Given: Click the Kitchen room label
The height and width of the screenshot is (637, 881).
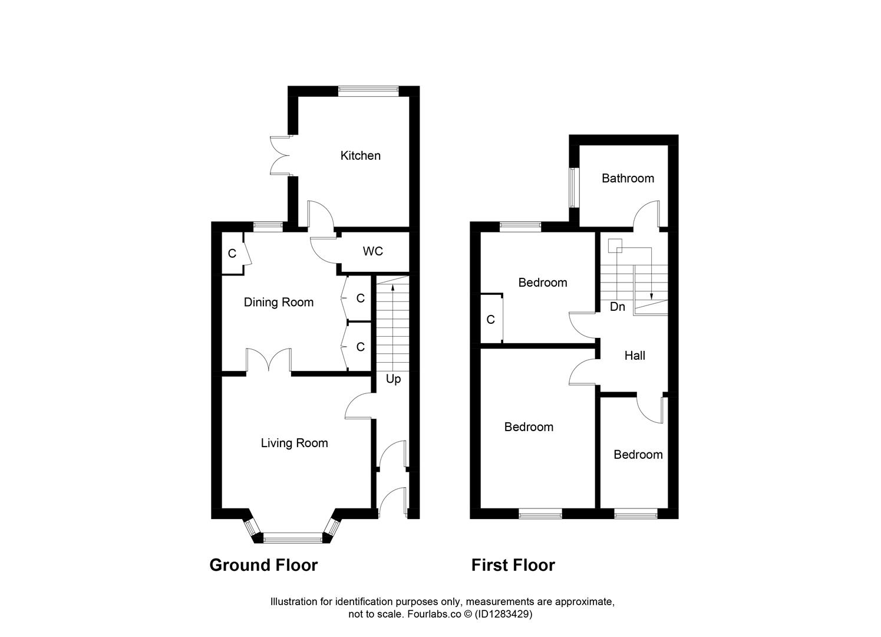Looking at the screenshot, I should tap(360, 156).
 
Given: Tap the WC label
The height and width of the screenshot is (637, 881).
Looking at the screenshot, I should tap(372, 251).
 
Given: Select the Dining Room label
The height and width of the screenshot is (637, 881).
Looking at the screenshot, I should tap(279, 303).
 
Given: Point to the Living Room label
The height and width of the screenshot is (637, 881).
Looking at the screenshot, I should tap(294, 443).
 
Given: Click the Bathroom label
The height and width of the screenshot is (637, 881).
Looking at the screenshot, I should tap(628, 178).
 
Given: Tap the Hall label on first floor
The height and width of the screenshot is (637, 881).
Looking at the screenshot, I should tap(635, 356).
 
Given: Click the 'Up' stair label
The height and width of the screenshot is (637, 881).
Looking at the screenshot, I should tap(393, 379).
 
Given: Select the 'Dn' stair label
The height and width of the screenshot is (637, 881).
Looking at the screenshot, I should tap(617, 307).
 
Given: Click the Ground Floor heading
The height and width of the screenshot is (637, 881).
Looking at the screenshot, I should tap(263, 565).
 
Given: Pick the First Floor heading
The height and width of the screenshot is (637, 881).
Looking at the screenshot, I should tap(513, 565).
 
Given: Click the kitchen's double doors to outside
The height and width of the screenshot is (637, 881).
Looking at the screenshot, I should tap(281, 156).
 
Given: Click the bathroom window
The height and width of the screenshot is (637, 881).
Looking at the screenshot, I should tap(573, 188).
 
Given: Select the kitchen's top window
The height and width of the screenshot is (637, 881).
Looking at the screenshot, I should tap(369, 90).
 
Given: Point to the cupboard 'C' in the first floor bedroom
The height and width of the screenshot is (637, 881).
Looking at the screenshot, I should tap(490, 320).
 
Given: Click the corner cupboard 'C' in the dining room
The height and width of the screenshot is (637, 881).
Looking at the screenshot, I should tap(232, 254).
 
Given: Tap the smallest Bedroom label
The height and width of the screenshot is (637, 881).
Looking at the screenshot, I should tap(638, 455).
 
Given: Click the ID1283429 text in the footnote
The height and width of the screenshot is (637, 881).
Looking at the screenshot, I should tap(505, 614).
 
